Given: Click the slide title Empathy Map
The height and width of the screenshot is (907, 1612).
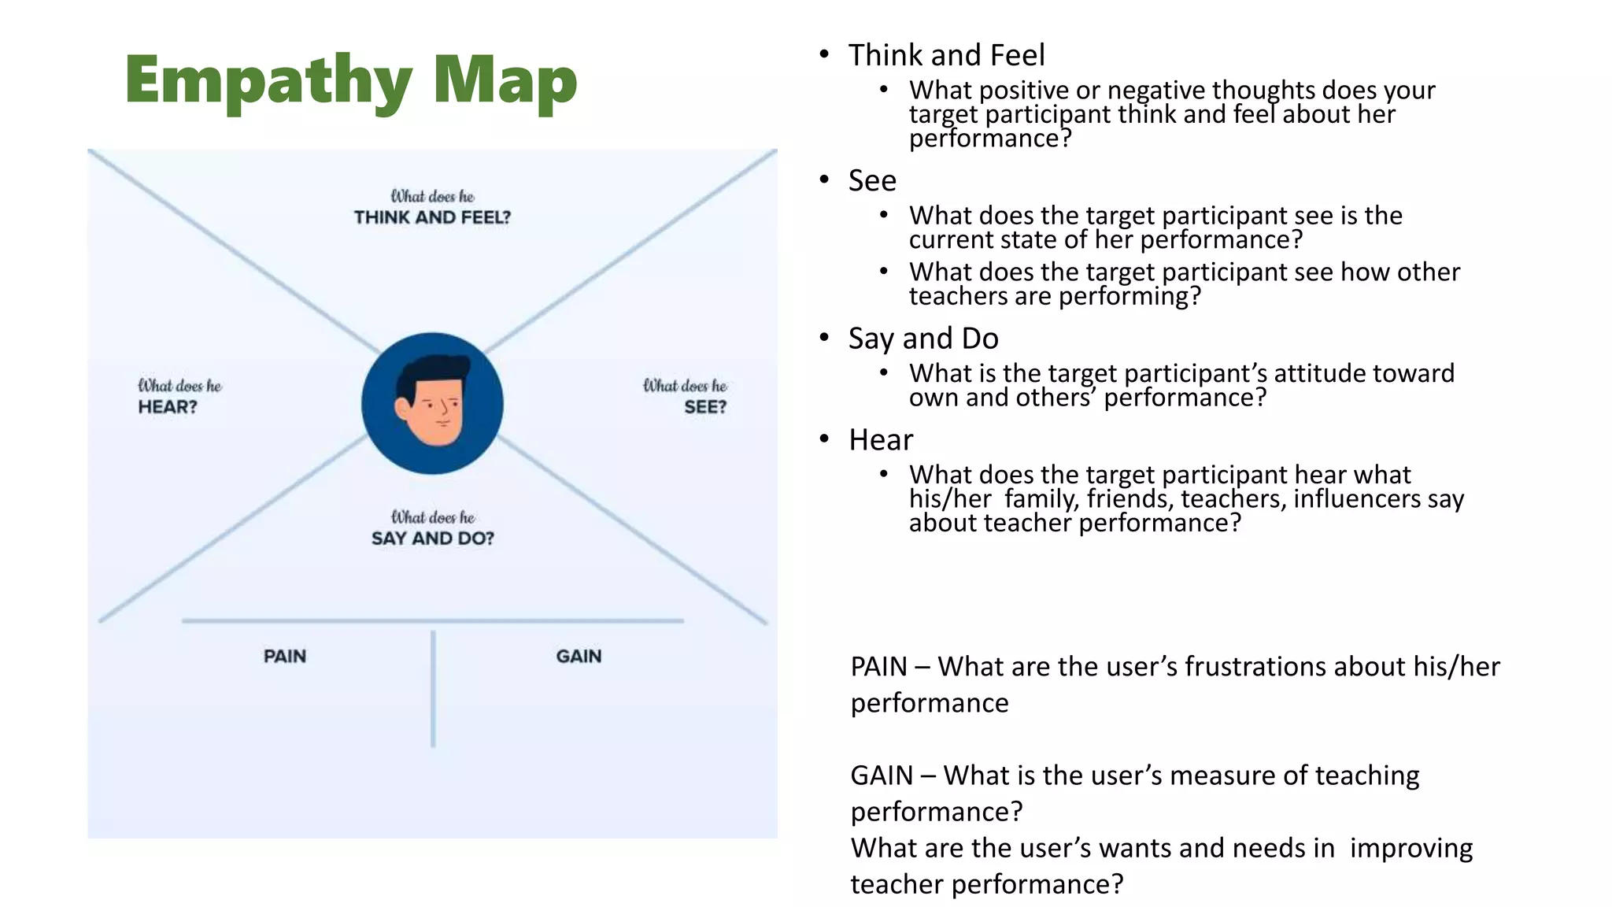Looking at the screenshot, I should point(351,80).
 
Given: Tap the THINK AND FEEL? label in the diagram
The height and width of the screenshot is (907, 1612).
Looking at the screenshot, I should point(432,217).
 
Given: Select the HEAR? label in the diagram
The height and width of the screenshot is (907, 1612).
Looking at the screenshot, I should point(168,407).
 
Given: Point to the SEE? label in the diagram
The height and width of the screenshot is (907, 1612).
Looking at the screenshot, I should point(705,407).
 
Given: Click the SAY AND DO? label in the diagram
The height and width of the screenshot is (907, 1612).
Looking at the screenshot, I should point(433,539).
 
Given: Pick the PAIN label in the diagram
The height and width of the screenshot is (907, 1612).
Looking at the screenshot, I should point(285,657).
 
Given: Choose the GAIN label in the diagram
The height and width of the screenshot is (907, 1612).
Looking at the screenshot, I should point(579,657).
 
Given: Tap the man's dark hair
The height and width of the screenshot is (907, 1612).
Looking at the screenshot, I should point(433,370).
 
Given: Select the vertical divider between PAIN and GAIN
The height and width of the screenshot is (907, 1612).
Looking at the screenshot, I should point(433,689).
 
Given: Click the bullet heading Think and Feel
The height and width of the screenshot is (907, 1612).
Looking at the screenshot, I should point(946,55).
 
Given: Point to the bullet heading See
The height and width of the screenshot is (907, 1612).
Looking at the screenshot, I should point(872,180).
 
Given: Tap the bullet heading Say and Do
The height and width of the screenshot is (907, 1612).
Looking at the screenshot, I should point(923,339).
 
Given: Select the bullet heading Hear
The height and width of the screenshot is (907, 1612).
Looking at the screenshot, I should point(881,440).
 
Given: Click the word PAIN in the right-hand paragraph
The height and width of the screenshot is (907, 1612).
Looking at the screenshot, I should point(879,667).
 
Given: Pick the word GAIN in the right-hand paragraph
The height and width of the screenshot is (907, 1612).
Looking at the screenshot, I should point(882,776).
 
